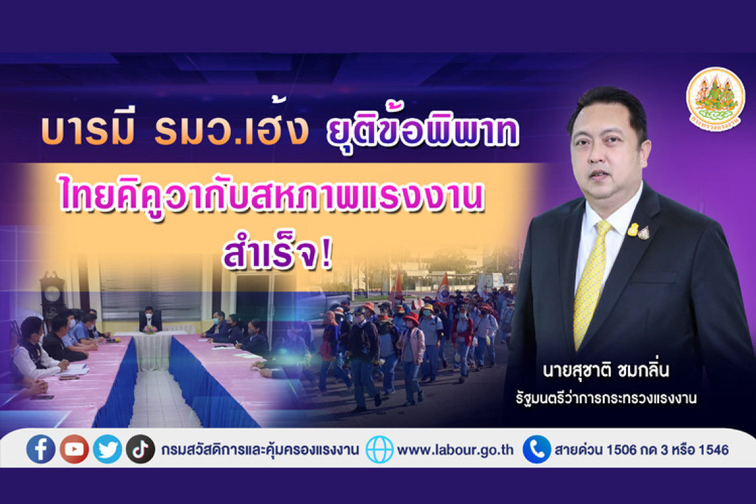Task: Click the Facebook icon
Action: click(40, 449)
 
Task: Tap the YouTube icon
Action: click(74, 449)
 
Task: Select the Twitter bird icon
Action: click(107, 449)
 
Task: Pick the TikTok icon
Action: click(141, 449)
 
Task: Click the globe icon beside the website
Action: click(379, 449)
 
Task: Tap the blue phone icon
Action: click(536, 449)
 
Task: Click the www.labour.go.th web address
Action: click(455, 450)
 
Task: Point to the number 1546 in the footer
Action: click(714, 450)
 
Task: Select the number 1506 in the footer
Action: click(621, 450)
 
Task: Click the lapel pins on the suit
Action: click(639, 231)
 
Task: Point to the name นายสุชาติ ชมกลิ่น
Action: click(605, 371)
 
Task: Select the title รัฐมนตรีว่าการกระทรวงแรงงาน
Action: click(605, 399)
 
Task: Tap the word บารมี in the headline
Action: click(88, 130)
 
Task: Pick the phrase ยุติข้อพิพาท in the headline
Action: click(422, 128)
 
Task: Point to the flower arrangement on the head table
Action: click(150, 329)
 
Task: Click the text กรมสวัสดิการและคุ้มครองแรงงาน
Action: click(260, 450)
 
